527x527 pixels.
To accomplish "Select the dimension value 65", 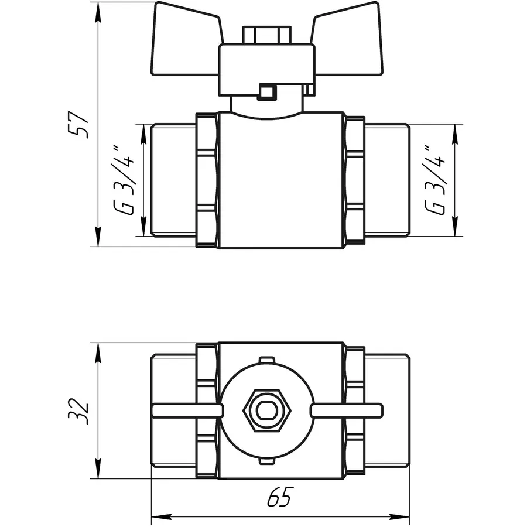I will click(x=279, y=498).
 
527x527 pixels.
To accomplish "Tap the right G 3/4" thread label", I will click(x=436, y=180).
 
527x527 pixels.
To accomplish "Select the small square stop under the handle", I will click(x=268, y=92).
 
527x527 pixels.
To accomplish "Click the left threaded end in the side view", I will click(x=173, y=180).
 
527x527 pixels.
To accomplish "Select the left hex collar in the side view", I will click(x=206, y=180).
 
